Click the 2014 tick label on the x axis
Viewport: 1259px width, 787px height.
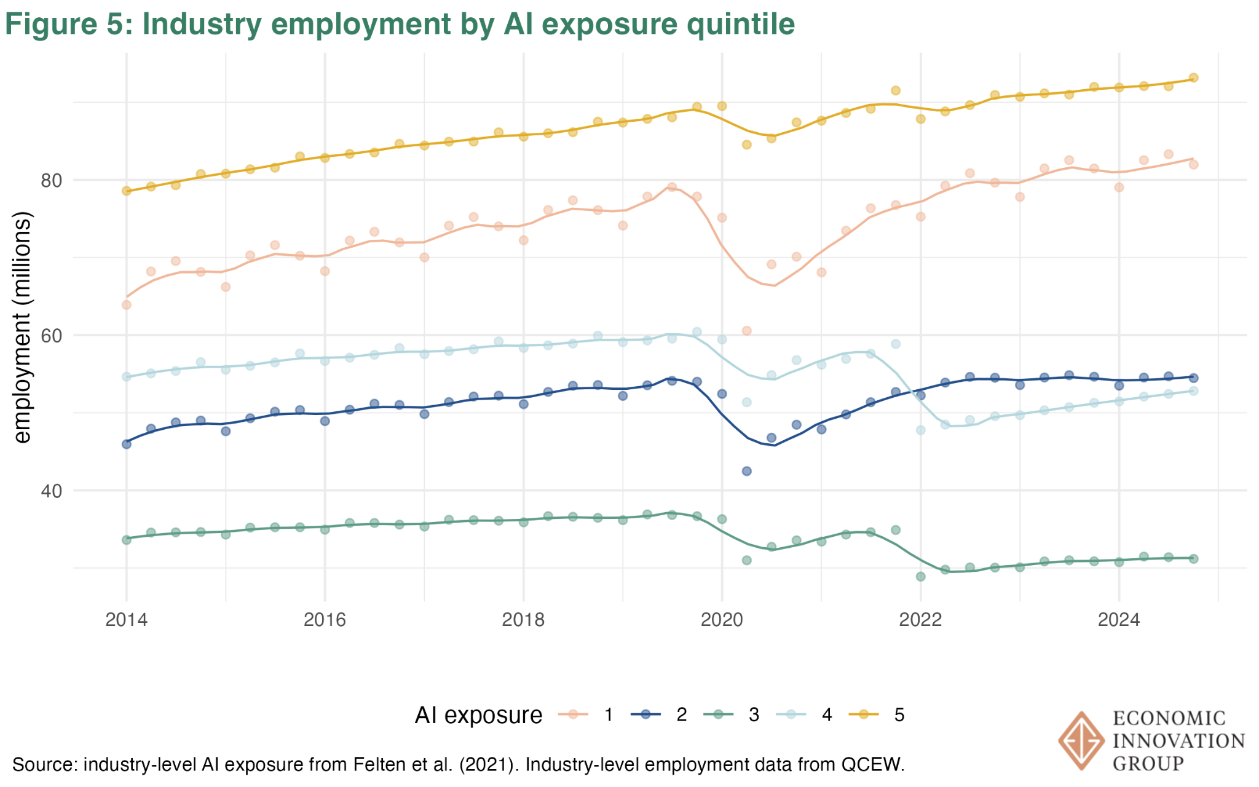126,620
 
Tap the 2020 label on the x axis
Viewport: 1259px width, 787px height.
722,620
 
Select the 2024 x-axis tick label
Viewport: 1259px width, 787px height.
1119,620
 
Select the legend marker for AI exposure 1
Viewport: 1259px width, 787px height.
573,714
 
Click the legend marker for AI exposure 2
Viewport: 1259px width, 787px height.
645,714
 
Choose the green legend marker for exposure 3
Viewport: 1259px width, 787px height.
718,714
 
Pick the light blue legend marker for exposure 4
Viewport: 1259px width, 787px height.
791,714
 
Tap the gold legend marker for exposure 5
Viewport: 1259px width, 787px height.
863,714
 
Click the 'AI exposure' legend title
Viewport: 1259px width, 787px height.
478,715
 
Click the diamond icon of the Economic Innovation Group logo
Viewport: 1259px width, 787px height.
1080,741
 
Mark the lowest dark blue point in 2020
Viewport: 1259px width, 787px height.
747,471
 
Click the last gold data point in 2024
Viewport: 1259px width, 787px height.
1193,78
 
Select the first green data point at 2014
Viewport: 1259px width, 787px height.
127,539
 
